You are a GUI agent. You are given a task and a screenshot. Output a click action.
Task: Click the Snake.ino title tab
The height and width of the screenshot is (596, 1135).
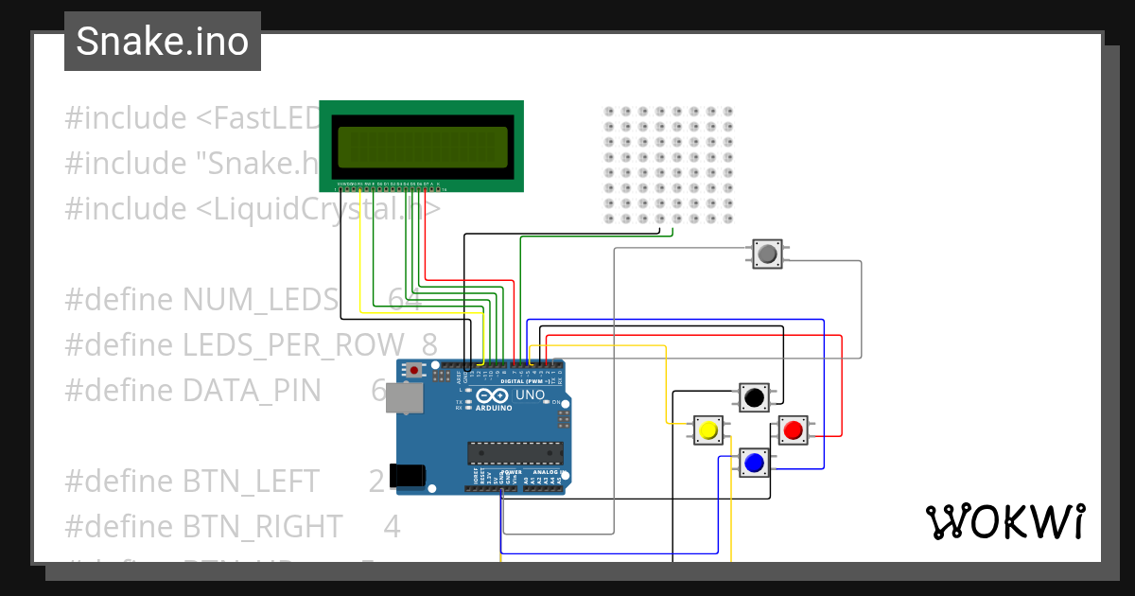tap(162, 42)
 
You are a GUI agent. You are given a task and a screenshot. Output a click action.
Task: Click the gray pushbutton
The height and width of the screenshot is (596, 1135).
tap(767, 254)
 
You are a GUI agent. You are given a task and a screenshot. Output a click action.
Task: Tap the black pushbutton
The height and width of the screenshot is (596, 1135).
tap(753, 397)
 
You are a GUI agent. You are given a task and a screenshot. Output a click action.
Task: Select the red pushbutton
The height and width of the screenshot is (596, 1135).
tap(793, 430)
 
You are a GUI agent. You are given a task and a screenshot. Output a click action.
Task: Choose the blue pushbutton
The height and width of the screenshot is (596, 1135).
tap(754, 463)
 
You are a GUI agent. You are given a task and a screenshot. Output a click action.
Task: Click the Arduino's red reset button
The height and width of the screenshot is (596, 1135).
tap(413, 369)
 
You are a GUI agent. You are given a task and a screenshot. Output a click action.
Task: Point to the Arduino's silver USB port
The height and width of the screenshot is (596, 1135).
tap(405, 400)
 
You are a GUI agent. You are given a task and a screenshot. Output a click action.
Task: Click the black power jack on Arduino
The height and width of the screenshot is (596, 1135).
tap(409, 475)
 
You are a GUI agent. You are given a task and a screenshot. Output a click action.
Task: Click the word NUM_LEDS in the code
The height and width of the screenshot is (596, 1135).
tap(259, 300)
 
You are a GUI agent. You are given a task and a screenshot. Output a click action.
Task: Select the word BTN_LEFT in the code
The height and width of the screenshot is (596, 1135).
tap(251, 481)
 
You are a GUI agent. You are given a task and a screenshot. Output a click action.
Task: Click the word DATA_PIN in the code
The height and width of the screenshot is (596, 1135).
tap(252, 390)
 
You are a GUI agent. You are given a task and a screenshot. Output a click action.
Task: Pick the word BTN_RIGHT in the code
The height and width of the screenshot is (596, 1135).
tap(262, 525)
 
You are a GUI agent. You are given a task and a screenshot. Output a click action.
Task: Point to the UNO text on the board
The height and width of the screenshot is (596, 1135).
tap(528, 394)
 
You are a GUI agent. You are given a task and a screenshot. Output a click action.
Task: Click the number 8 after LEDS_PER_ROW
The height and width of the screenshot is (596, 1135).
tap(429, 345)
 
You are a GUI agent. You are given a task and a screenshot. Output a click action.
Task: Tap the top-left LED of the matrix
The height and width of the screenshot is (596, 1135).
tap(609, 112)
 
